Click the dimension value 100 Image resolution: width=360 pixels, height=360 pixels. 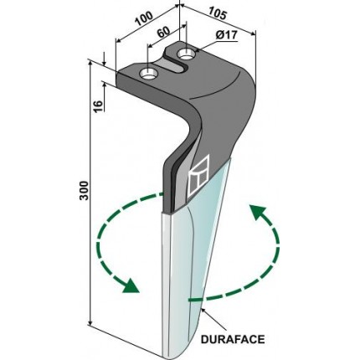144,18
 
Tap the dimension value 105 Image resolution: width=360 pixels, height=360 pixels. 216,13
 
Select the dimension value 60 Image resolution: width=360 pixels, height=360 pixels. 163,33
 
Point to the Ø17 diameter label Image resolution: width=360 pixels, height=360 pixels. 226,35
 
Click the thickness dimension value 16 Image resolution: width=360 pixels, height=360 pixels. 99,105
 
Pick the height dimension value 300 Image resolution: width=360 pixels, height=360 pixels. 84,190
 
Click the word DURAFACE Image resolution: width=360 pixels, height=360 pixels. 233,339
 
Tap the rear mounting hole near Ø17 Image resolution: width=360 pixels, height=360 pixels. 187,54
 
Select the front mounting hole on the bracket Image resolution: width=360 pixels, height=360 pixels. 149,74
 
